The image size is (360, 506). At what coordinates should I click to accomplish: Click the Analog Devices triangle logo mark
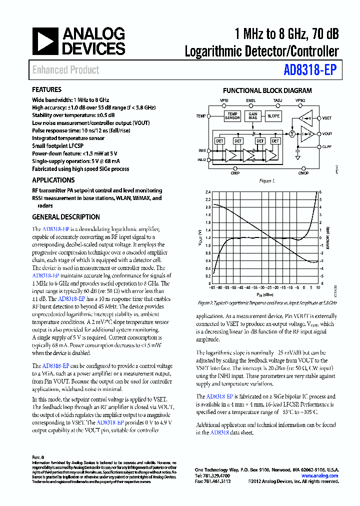click(x=45, y=41)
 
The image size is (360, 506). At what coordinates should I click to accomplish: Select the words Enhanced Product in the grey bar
click(x=66, y=70)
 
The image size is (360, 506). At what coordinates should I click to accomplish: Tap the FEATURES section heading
click(x=47, y=90)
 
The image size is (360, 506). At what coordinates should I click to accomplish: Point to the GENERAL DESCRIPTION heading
click(x=66, y=217)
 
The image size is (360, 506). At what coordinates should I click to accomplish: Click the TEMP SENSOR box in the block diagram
click(x=232, y=116)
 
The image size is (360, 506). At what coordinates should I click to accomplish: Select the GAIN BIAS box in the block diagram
click(x=253, y=116)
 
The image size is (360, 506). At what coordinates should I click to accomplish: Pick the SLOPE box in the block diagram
click(x=273, y=116)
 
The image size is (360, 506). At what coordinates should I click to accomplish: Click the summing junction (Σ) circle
click(x=292, y=134)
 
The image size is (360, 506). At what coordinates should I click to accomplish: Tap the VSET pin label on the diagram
click(x=327, y=118)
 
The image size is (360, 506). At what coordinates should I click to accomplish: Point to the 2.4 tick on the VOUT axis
click(x=208, y=191)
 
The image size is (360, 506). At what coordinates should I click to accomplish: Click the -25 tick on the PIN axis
click(x=269, y=288)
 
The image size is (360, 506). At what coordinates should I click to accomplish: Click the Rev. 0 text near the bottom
click(x=38, y=457)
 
